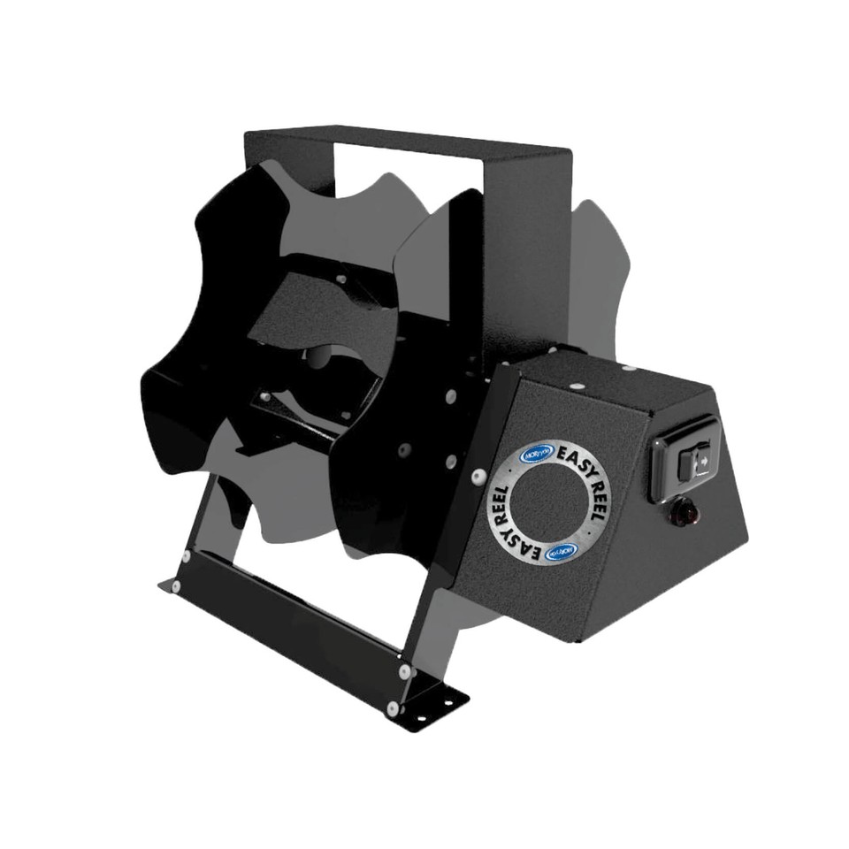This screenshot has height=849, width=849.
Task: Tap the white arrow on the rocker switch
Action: tap(700, 459)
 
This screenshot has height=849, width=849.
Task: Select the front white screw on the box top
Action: tap(576, 386)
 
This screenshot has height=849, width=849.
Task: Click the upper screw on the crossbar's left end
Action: tap(186, 556)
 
